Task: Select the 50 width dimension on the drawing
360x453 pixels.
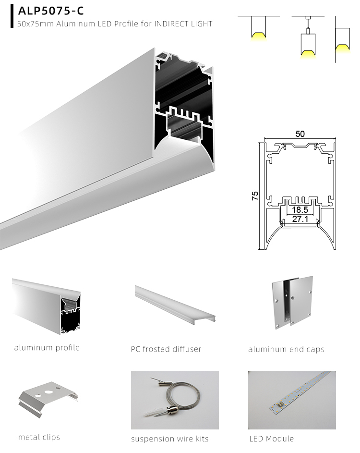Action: coord(300,135)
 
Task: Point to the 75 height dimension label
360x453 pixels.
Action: coord(255,196)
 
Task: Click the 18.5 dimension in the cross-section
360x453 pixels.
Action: coord(300,210)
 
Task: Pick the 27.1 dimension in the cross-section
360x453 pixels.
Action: coord(300,220)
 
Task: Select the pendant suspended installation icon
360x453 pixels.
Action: coord(307,41)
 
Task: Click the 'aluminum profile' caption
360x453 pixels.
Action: coord(47,347)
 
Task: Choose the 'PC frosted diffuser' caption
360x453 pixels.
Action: coord(166,349)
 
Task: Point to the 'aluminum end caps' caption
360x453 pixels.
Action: coord(286,349)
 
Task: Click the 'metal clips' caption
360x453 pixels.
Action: coord(39,437)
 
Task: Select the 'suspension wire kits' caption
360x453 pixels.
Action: coord(169,439)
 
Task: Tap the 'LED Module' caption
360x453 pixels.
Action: coord(271,439)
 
